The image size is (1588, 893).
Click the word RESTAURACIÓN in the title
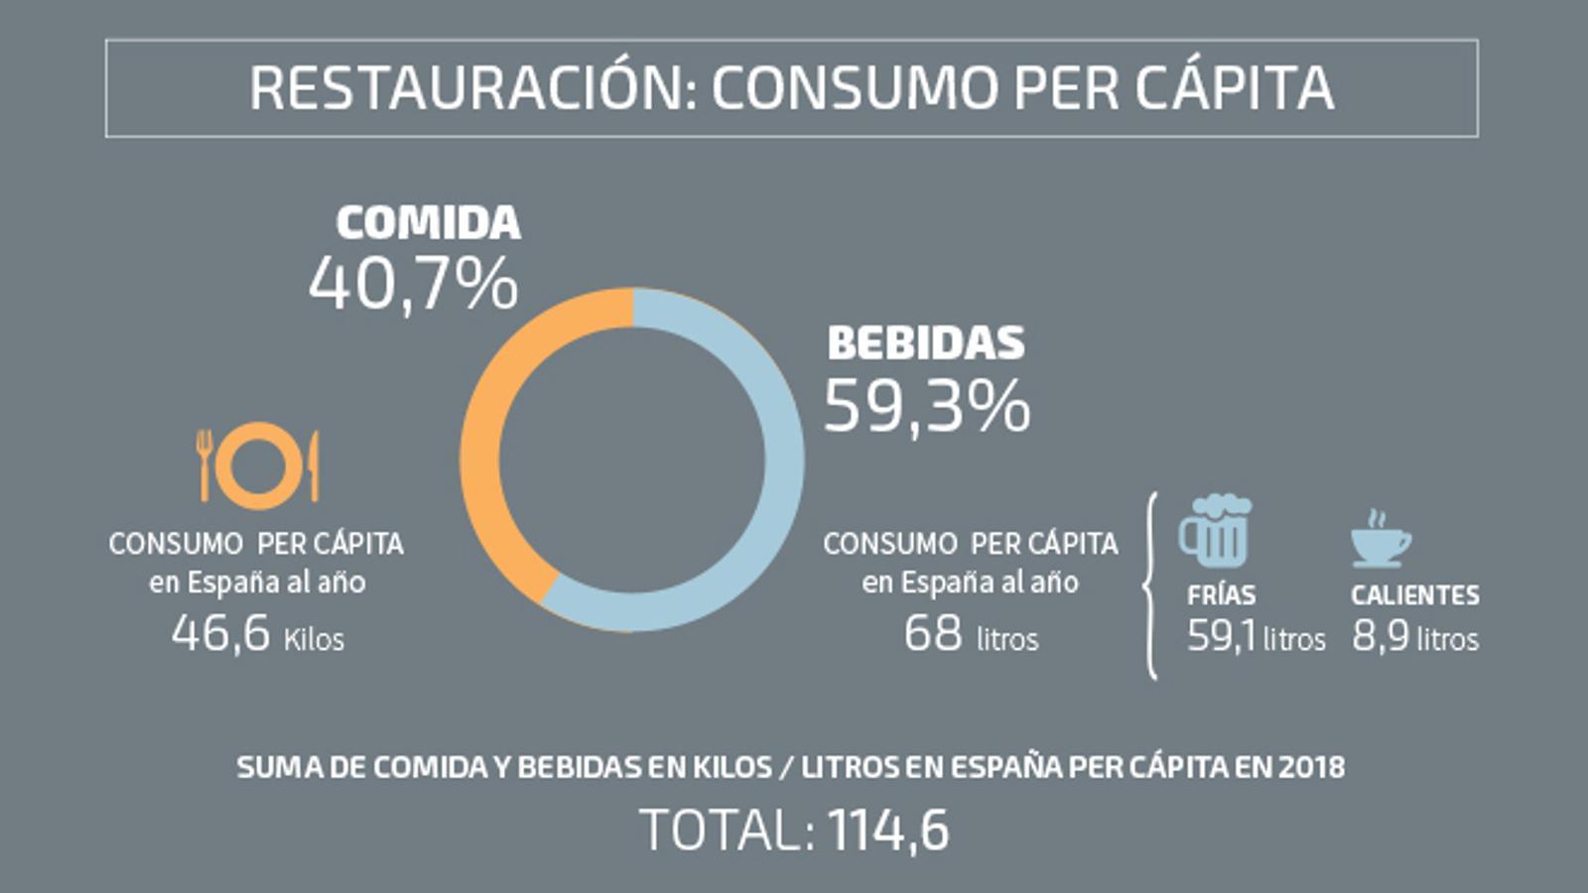point(465,87)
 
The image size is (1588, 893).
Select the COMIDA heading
point(428,222)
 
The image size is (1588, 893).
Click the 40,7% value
point(413,285)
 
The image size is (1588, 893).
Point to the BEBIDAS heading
point(926,343)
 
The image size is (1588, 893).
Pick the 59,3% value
point(927,407)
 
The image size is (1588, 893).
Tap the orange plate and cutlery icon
point(259,465)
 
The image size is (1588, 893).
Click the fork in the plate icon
point(204,464)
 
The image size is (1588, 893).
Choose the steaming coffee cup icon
point(1380,541)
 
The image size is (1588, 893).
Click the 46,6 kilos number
point(220,633)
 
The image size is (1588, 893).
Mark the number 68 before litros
point(933,633)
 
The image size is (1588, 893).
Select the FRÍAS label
point(1221,595)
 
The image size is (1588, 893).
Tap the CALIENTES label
point(1414,595)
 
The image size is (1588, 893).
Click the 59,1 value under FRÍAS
point(1221,637)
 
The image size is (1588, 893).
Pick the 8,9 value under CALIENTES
point(1380,637)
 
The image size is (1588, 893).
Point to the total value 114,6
point(888,830)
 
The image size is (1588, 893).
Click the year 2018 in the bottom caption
point(1311,767)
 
